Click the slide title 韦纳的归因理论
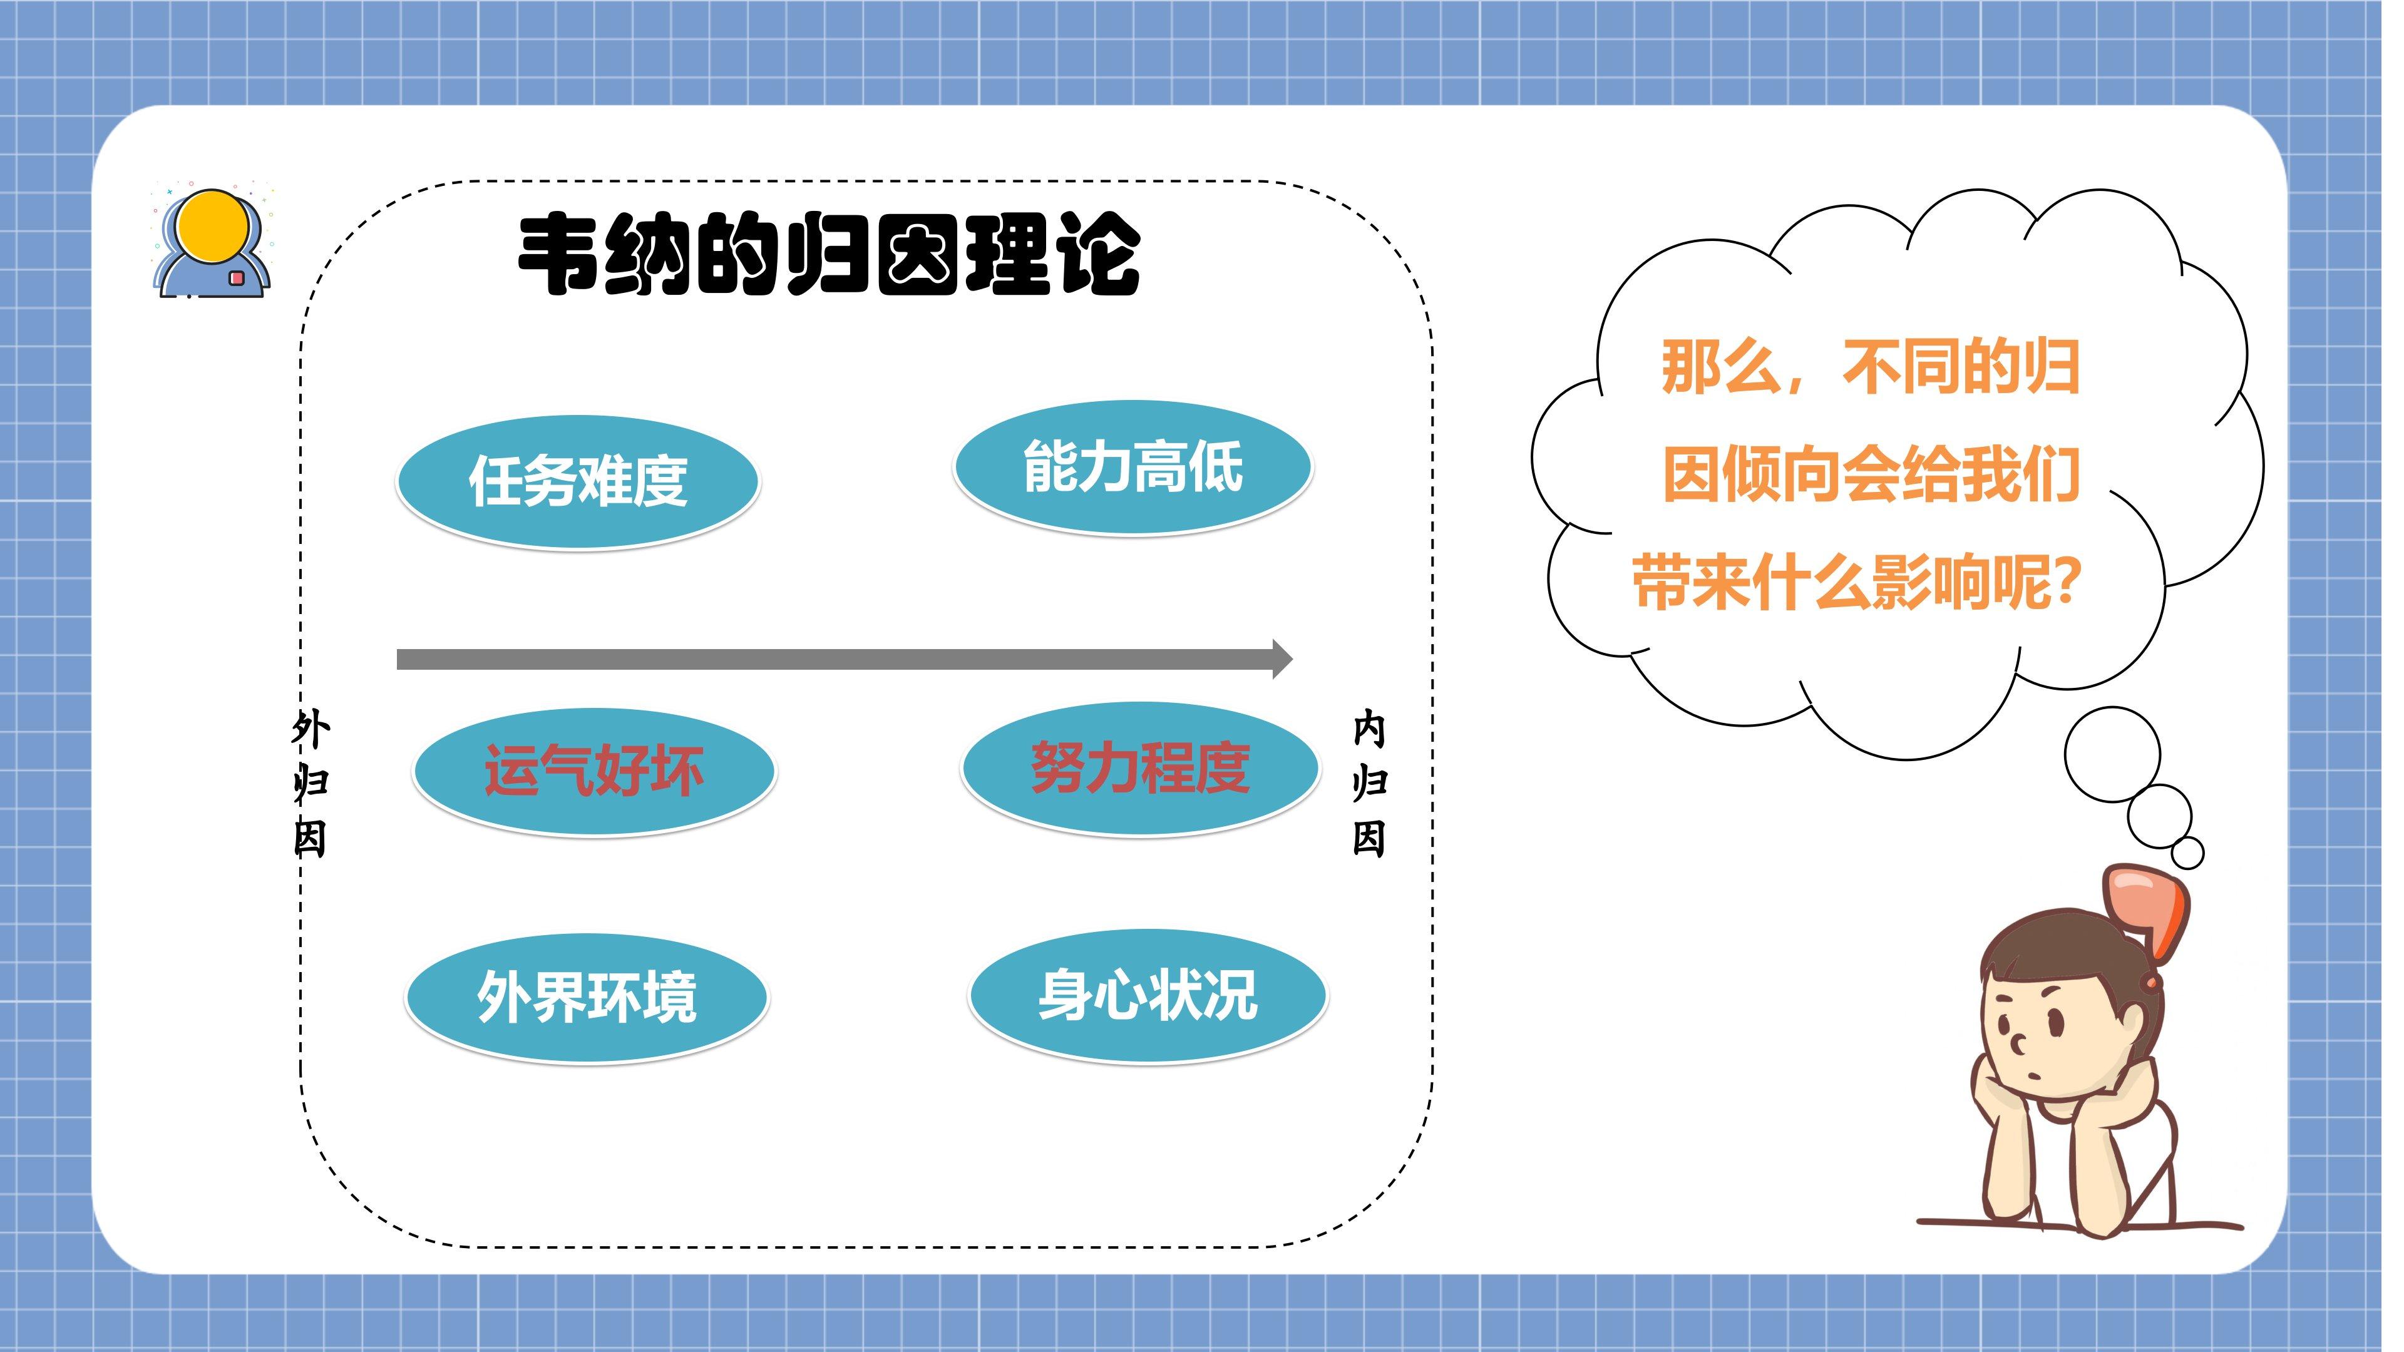(829, 253)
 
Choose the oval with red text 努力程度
(1141, 769)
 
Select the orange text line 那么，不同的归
(1870, 367)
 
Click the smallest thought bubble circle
(2187, 853)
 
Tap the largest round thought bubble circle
(2112, 754)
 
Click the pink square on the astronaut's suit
(236, 278)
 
